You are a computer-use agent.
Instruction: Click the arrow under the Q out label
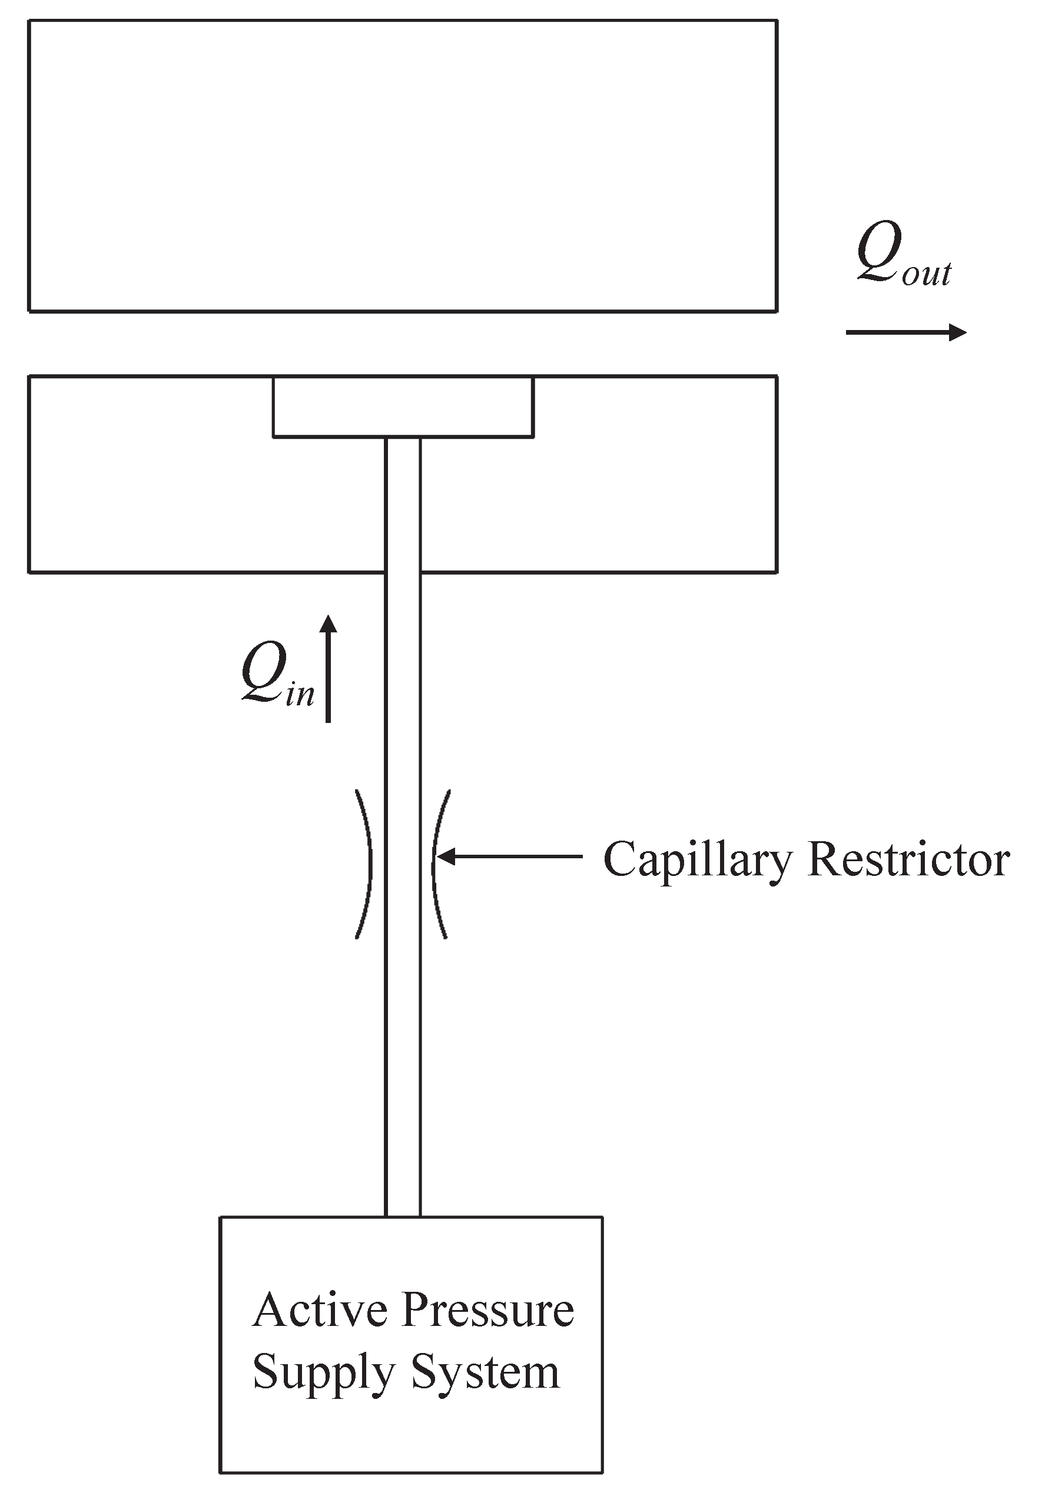click(905, 332)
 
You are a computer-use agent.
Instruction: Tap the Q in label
click(277, 674)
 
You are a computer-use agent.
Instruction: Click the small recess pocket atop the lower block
click(403, 407)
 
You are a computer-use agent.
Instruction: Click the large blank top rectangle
click(403, 166)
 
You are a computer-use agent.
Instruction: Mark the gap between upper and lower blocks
click(403, 344)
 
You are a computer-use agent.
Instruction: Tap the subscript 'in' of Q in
click(300, 695)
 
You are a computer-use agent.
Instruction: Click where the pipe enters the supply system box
click(403, 1217)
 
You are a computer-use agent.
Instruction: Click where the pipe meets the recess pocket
click(403, 438)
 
